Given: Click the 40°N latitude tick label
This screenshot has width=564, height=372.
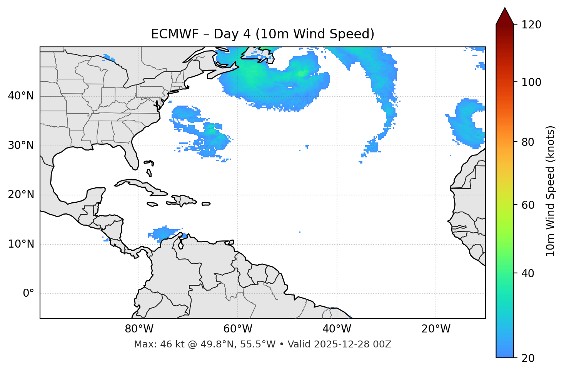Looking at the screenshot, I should [21, 96].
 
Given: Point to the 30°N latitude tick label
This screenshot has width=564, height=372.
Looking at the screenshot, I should [21, 145].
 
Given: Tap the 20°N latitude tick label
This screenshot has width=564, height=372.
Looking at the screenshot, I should [21, 195].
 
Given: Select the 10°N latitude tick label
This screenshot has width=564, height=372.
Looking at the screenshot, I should [21, 244].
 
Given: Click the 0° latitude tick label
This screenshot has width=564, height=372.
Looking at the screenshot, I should [28, 294].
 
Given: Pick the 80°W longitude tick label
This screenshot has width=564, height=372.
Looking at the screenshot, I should [139, 329].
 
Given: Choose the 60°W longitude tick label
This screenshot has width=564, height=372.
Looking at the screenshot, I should [238, 329].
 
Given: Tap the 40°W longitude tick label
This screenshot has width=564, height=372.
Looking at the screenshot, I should [337, 329].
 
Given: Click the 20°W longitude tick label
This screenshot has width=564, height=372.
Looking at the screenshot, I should [436, 329].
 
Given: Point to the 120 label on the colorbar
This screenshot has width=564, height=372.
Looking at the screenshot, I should [531, 25].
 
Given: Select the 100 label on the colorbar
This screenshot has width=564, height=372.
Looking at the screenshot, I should [531, 82].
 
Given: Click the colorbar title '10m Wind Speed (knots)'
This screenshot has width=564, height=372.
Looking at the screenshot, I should [551, 191].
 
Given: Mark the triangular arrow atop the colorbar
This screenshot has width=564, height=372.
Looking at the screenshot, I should [505, 16].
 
